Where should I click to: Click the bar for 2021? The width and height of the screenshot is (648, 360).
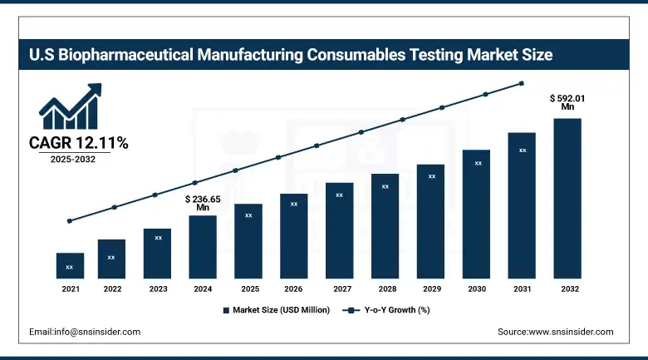pyautogui.click(x=70, y=265)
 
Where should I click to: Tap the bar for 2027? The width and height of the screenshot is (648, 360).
pyautogui.click(x=339, y=230)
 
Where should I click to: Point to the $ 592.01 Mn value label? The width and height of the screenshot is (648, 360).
pyautogui.click(x=567, y=101)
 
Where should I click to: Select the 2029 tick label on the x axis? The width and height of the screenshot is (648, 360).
pyautogui.click(x=431, y=288)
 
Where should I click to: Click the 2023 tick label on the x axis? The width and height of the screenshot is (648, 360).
pyautogui.click(x=158, y=288)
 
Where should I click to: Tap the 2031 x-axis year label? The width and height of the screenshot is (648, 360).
pyautogui.click(x=522, y=288)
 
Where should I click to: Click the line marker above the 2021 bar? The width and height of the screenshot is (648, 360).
pyautogui.click(x=70, y=220)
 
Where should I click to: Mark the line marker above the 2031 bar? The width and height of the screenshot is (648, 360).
pyautogui.click(x=522, y=83)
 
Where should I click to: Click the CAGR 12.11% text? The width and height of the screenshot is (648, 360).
pyautogui.click(x=79, y=143)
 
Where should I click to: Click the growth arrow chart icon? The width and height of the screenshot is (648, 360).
pyautogui.click(x=71, y=106)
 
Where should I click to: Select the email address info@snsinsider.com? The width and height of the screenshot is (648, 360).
pyautogui.click(x=85, y=331)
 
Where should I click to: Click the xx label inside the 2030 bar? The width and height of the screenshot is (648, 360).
pyautogui.click(x=478, y=163)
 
